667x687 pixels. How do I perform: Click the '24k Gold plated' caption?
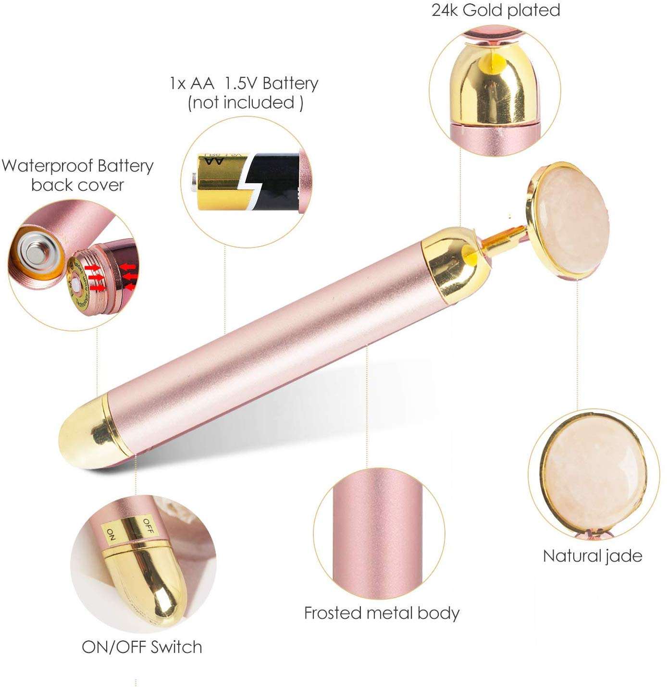pos(495,10)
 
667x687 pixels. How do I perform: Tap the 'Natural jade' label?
pos(592,556)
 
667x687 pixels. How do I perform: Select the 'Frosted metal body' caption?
pos(382,613)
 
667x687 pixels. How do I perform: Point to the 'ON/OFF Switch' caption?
pos(142,647)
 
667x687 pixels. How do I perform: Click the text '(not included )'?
pos(245,102)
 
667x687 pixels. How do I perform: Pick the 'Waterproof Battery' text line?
pos(77,166)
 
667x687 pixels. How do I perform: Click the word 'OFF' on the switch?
pos(148,526)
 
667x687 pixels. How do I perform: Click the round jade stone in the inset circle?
pos(592,473)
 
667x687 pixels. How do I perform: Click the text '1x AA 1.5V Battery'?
pos(244,84)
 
